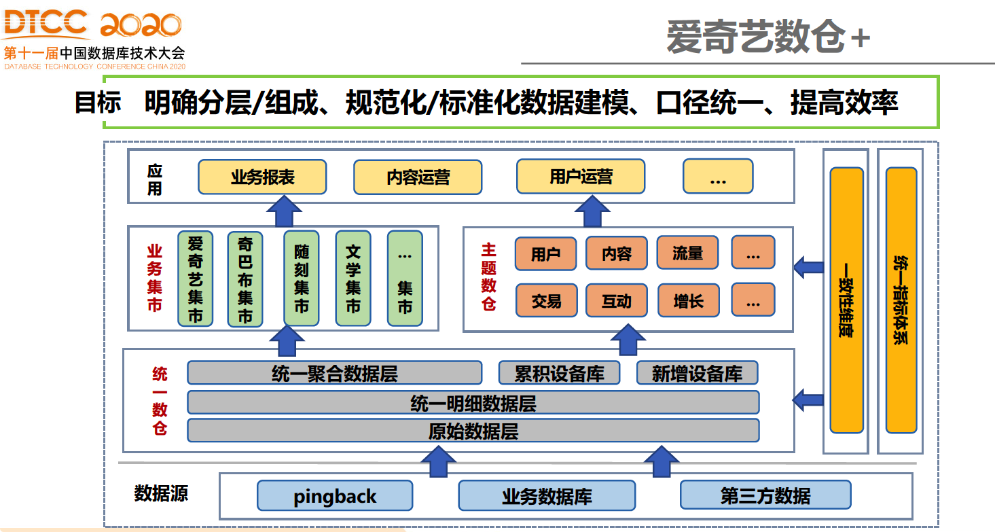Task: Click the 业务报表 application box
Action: (262, 177)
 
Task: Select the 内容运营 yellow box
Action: (418, 177)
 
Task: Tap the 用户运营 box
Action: (581, 177)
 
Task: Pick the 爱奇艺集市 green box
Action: (195, 279)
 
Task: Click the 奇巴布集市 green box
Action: (245, 279)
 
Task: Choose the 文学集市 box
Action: (353, 279)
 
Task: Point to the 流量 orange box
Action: (687, 253)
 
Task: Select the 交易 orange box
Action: (546, 300)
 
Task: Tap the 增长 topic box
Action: (688, 300)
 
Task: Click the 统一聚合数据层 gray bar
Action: (334, 373)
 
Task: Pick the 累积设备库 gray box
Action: (559, 373)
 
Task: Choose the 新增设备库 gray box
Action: (697, 373)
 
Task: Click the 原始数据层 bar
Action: (473, 431)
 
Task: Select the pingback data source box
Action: (335, 496)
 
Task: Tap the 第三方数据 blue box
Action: (765, 496)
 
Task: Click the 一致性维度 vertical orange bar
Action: (846, 300)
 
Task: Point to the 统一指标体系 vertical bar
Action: (901, 300)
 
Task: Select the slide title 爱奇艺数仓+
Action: (767, 37)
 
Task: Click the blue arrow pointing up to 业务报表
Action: (285, 211)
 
